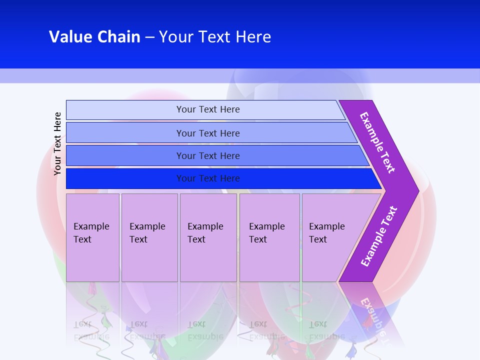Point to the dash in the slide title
(x=149, y=37)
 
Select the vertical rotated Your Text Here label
(x=57, y=143)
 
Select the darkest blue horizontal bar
(x=125, y=178)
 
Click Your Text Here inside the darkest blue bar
(x=208, y=178)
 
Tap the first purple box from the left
(x=92, y=237)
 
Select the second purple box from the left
(x=149, y=237)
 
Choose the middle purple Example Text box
(x=208, y=237)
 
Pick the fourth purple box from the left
(x=269, y=237)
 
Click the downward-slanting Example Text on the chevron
(x=377, y=142)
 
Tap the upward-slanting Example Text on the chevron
(x=378, y=236)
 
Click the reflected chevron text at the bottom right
(x=375, y=317)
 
